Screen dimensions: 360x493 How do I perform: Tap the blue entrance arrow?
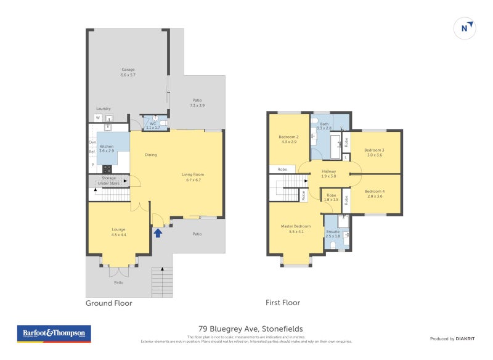click(158, 232)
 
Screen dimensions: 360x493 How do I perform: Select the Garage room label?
click(128, 72)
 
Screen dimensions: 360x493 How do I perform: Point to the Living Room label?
click(193, 177)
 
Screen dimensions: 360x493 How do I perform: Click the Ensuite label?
click(333, 234)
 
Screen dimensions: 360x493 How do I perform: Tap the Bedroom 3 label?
click(374, 152)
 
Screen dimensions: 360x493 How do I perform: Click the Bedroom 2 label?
click(288, 139)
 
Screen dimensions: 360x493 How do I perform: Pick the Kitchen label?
click(107, 148)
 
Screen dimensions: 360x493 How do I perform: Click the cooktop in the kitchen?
click(107, 168)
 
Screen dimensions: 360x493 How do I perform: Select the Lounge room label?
click(118, 232)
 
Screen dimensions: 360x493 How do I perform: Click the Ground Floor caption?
click(108, 303)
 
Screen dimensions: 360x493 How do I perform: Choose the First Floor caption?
click(282, 303)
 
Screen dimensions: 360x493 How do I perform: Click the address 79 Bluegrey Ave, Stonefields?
click(250, 329)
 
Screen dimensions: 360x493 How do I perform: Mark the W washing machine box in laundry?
click(97, 118)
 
